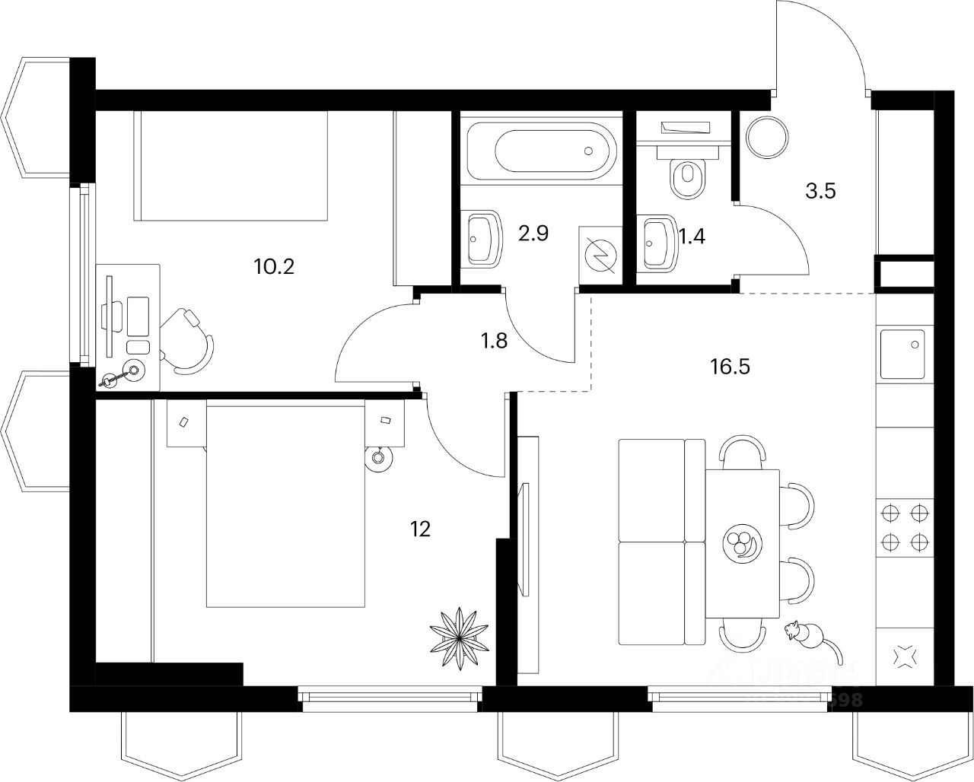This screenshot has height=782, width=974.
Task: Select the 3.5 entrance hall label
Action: click(x=820, y=191)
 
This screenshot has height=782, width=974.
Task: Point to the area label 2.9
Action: click(x=533, y=234)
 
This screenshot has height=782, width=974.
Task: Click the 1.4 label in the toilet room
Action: click(x=692, y=237)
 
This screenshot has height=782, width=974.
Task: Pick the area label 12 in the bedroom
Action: click(x=420, y=529)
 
